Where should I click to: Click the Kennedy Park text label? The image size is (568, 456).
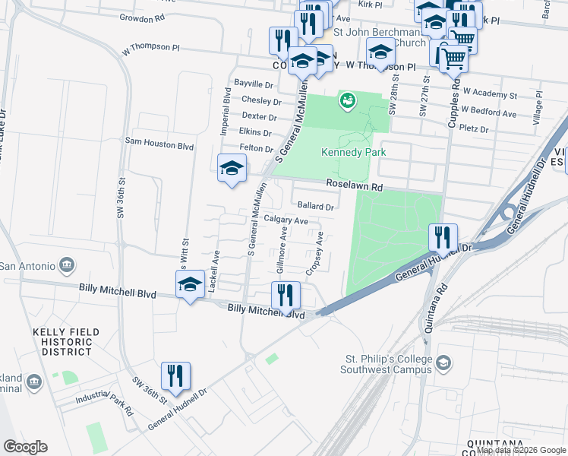[353, 152]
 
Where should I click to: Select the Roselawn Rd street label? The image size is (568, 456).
[354, 185]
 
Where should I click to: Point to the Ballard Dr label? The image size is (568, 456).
[316, 206]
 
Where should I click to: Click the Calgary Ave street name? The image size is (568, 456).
[286, 220]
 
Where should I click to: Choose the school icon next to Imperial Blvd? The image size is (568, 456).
[232, 168]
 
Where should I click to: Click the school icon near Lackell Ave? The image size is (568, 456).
[189, 284]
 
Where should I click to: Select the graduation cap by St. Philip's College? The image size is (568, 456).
[442, 366]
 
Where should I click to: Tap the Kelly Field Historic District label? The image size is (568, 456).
[62, 342]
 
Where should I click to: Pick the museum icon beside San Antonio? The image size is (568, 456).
[67, 265]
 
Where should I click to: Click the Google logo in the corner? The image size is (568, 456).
[25, 447]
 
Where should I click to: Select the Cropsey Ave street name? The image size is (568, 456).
[314, 253]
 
